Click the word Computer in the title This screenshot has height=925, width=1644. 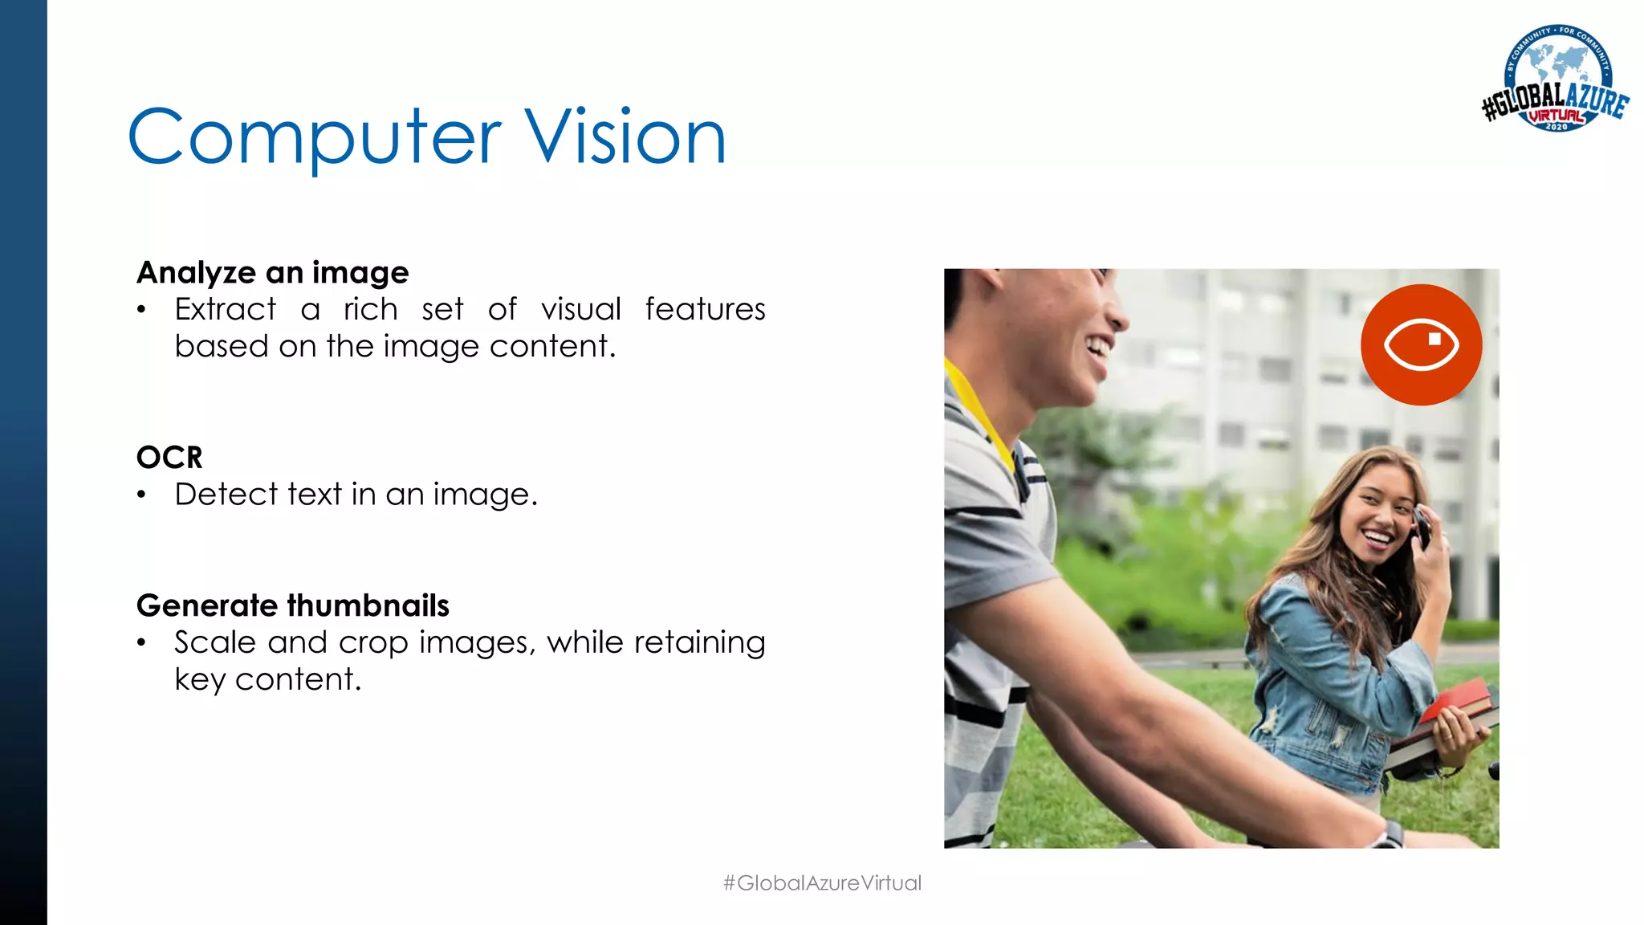pos(314,138)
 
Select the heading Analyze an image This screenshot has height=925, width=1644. pos(273,273)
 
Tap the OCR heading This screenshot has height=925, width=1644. pos(169,458)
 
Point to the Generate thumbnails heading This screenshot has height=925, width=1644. pos(293,605)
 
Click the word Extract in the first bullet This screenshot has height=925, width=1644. pos(226,310)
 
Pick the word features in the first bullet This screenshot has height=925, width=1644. pos(705,310)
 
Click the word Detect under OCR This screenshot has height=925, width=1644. pos(226,495)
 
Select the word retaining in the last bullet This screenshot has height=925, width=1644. pos(699,643)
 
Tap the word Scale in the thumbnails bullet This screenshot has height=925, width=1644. pos(215,643)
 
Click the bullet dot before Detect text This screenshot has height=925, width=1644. pos(141,495)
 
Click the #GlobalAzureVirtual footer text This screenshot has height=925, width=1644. pos(822,883)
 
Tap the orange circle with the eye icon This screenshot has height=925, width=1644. pos(1421,344)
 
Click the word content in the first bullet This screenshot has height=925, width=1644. pos(552,347)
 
